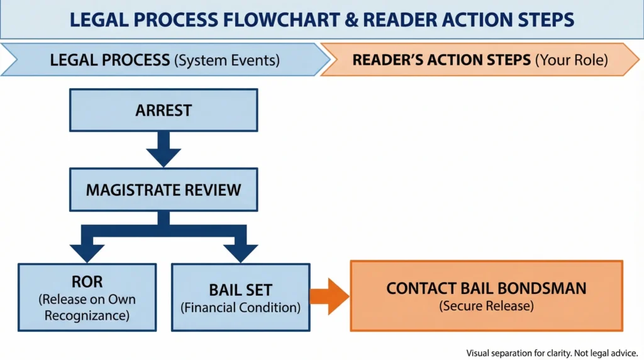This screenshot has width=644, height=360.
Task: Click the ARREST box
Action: [163, 110]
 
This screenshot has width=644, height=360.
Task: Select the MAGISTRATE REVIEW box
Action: [163, 189]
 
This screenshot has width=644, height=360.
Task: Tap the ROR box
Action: [86, 297]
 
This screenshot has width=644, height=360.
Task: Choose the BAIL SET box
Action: [240, 297]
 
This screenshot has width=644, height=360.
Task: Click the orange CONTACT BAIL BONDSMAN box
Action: [486, 296]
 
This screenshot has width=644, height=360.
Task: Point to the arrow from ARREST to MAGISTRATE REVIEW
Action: [163, 149]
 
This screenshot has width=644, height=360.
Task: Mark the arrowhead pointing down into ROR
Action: [86, 252]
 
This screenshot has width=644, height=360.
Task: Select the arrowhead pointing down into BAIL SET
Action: [240, 252]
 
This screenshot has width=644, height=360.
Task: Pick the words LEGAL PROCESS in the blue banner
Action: [110, 60]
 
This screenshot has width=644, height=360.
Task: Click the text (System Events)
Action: [226, 60]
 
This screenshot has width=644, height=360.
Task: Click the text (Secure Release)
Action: [486, 307]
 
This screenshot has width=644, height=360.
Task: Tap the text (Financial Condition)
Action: [240, 308]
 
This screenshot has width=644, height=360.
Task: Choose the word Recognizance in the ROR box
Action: [86, 315]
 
